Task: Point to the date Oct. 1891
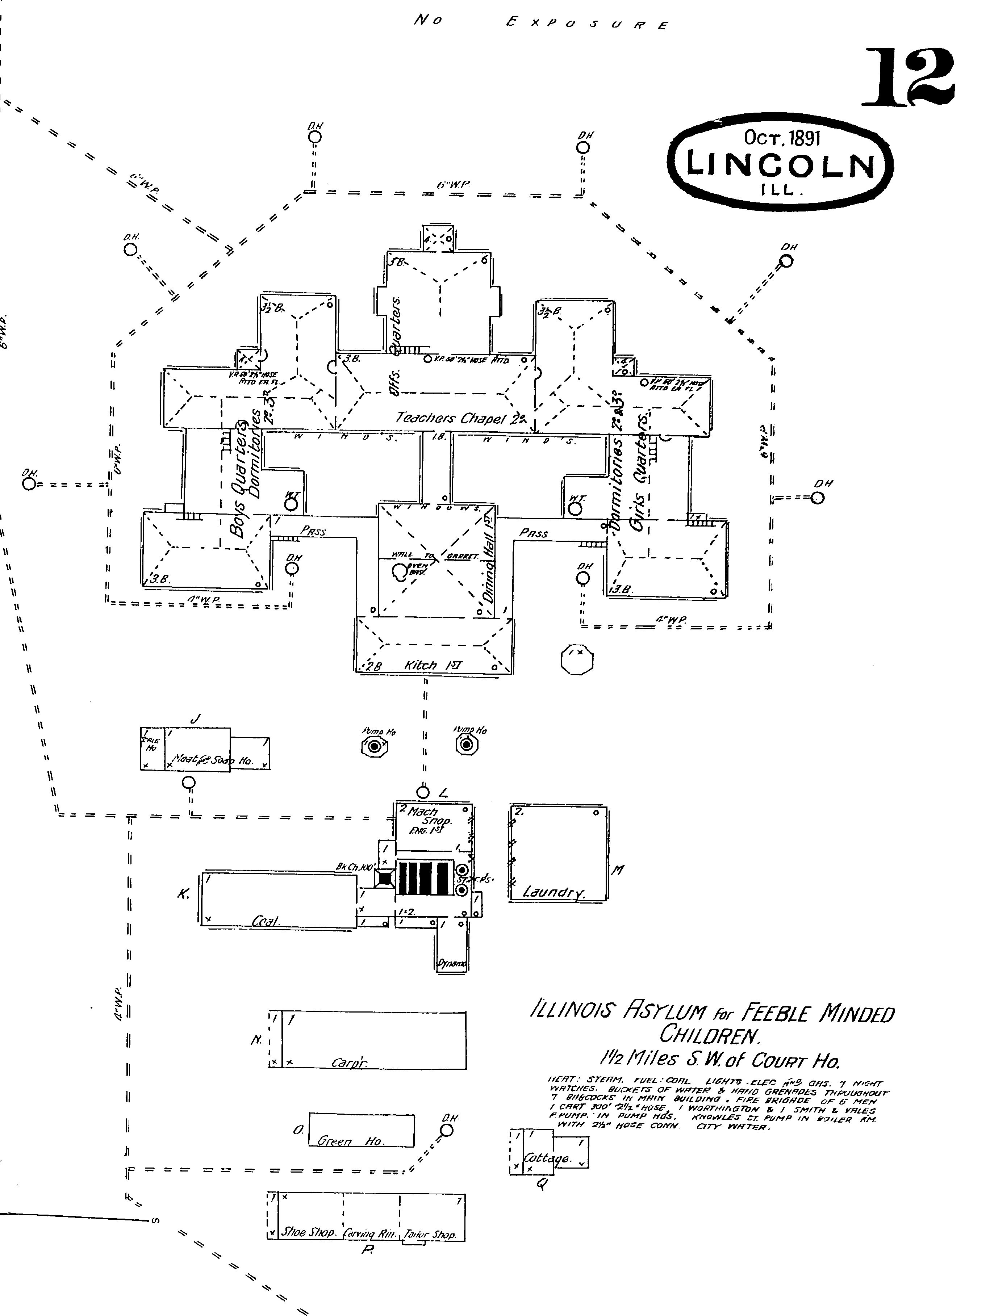coord(782,138)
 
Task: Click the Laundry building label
coord(553,892)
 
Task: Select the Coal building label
coord(266,921)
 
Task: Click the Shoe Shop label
coord(309,1234)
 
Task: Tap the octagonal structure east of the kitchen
coord(577,659)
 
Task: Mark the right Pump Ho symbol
coord(467,744)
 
